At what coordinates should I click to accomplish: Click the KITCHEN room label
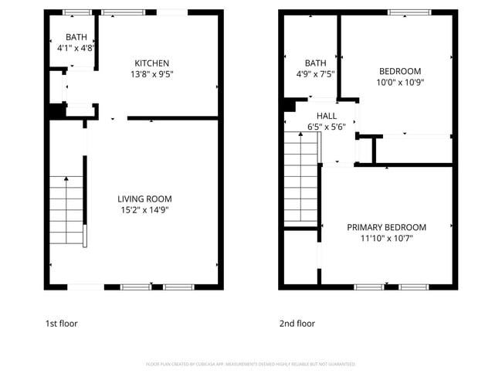[151, 63]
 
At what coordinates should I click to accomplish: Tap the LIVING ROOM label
[144, 199]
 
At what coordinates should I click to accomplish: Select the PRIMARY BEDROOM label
[386, 227]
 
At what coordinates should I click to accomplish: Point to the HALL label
[326, 116]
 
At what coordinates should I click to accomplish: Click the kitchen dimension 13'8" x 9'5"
[151, 75]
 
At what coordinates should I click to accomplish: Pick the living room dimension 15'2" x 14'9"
[144, 210]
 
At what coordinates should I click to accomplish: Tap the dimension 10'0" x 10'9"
[399, 82]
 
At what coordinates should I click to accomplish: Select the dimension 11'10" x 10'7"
[386, 239]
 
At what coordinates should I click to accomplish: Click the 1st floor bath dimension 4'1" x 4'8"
[76, 48]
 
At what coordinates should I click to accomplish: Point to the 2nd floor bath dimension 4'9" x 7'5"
[315, 75]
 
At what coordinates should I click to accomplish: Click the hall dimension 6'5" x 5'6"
[326, 127]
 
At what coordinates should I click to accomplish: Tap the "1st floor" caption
[61, 324]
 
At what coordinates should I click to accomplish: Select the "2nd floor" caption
[297, 324]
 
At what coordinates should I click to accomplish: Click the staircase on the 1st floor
[67, 210]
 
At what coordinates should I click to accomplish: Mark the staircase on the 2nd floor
[301, 178]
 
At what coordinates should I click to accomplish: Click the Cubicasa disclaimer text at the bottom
[250, 364]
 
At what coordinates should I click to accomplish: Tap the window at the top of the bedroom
[409, 12]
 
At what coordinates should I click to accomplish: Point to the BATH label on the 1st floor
[76, 37]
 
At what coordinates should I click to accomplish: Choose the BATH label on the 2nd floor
[315, 63]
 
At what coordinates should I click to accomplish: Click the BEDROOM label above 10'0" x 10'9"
[399, 71]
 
